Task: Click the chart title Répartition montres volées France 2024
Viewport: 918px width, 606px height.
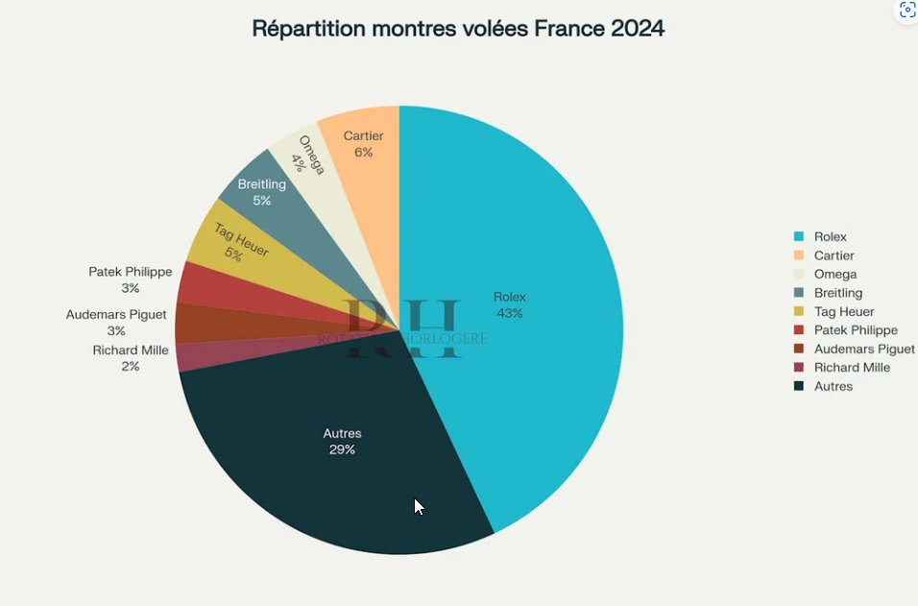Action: [458, 29]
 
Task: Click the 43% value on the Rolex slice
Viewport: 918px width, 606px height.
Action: [509, 313]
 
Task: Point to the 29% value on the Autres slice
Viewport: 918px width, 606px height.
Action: [342, 449]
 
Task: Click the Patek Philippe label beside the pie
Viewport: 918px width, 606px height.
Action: [131, 272]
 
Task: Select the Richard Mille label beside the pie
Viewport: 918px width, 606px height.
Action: [131, 351]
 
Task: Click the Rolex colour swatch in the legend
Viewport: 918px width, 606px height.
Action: [799, 237]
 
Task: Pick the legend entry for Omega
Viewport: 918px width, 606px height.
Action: [834, 275]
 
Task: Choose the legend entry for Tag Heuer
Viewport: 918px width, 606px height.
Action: [844, 312]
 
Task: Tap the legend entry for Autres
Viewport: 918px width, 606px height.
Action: [833, 386]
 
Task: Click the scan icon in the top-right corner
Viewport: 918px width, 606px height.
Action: [907, 11]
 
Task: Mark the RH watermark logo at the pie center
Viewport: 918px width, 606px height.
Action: [403, 328]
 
